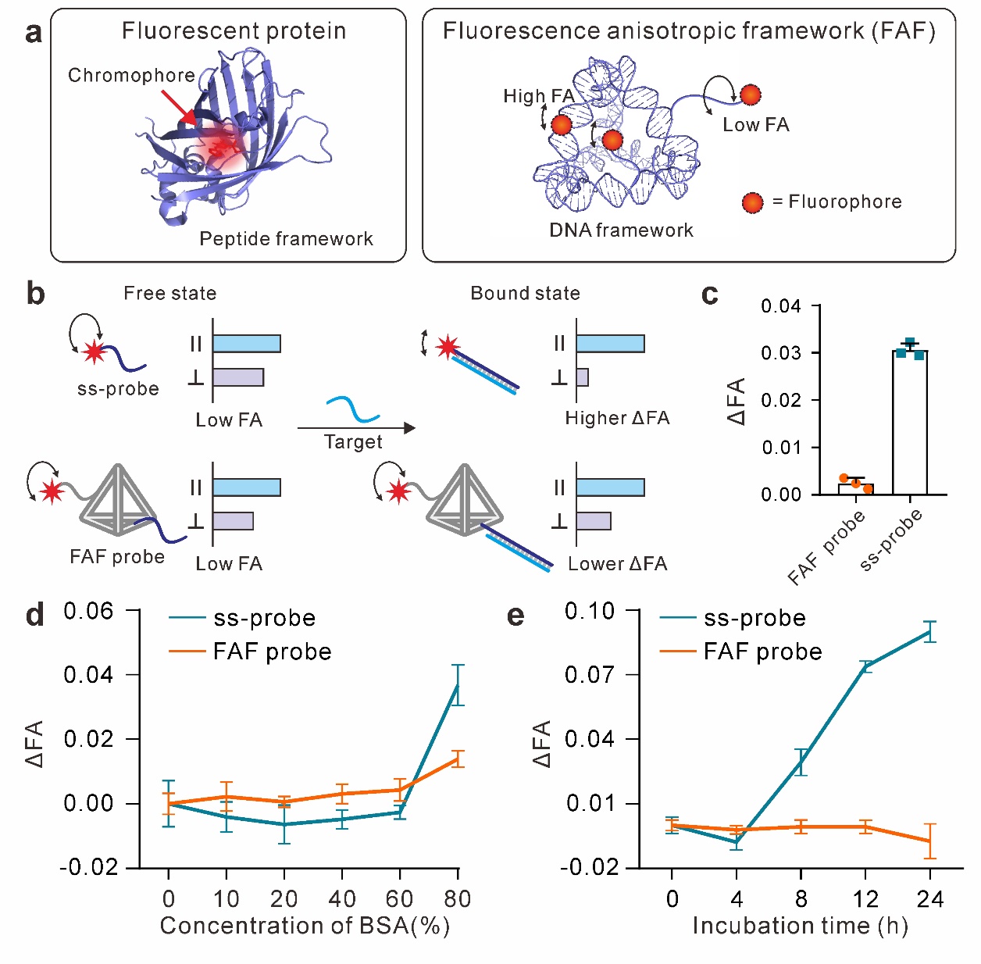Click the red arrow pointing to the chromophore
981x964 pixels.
coord(179,108)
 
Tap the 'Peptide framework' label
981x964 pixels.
coord(286,238)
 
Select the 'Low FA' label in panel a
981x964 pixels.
coord(755,125)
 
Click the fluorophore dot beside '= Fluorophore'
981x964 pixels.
coord(752,203)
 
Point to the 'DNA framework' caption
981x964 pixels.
coord(621,230)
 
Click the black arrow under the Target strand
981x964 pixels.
coord(356,427)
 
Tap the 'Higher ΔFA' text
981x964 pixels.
coord(617,419)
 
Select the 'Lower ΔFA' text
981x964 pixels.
coord(617,564)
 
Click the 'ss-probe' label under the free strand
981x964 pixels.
coord(118,389)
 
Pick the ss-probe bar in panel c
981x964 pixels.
coord(910,422)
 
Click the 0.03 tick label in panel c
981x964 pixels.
coord(781,353)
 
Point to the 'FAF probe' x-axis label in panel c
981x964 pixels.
coord(827,547)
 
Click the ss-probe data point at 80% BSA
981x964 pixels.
coord(458,685)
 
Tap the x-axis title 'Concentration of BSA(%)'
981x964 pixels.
coord(305,926)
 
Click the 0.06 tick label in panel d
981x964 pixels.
coord(88,611)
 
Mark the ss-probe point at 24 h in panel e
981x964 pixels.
coord(929,631)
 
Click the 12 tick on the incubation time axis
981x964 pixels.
coord(865,899)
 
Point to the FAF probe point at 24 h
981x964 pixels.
coord(929,841)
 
